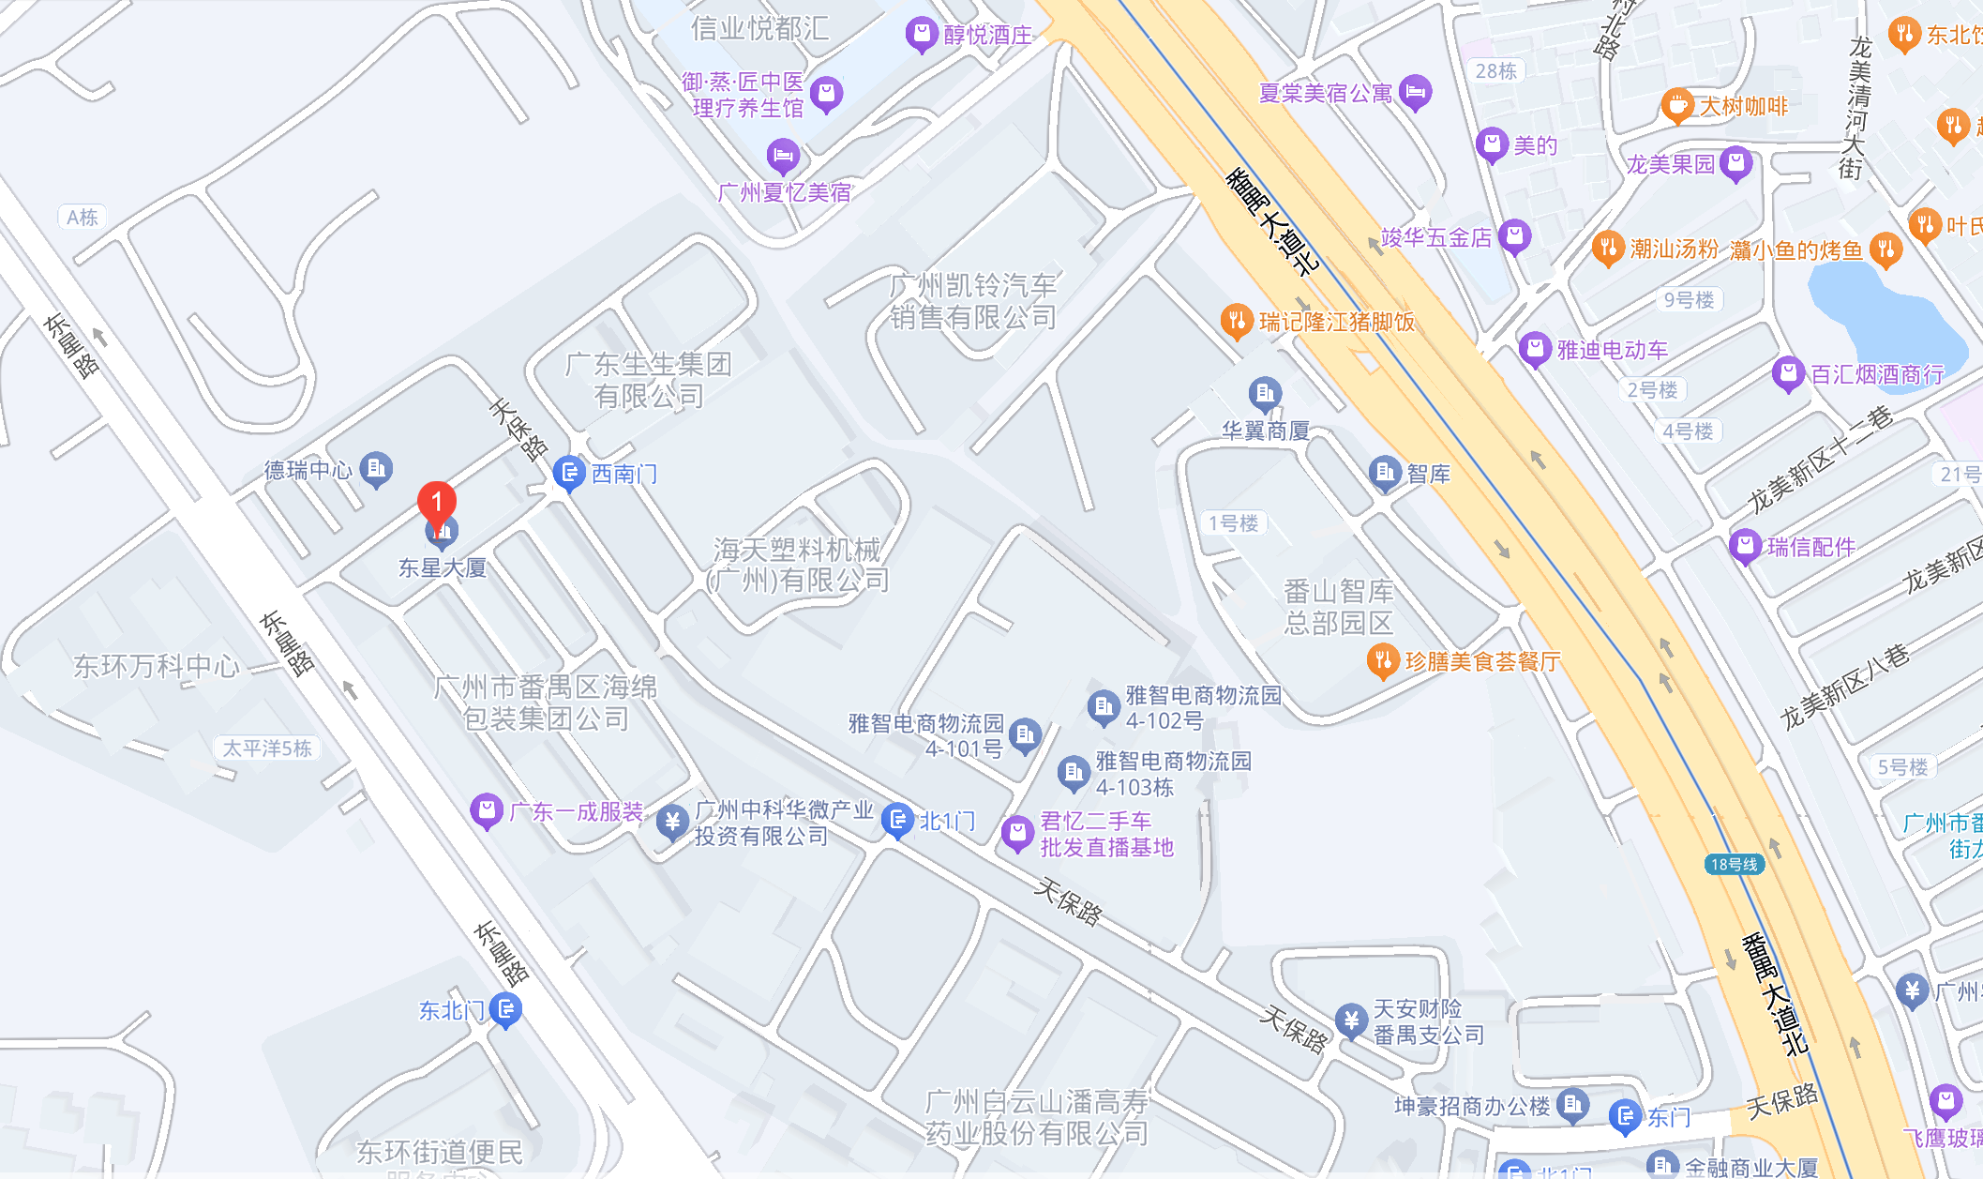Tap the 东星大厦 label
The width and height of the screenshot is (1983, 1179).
click(x=443, y=568)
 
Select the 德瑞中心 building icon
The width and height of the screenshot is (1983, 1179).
click(x=377, y=468)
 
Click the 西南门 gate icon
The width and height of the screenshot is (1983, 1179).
click(x=569, y=474)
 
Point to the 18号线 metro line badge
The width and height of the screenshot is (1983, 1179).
click(x=1734, y=864)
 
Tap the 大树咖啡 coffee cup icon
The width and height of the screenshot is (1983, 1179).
click(x=1676, y=106)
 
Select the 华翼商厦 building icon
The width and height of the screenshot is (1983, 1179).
click(x=1265, y=394)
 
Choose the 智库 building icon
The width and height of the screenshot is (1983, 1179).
click(x=1385, y=474)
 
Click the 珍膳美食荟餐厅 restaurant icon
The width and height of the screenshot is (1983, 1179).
click(x=1383, y=661)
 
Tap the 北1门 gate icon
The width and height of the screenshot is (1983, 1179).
click(x=897, y=822)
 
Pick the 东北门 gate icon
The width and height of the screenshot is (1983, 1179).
click(x=506, y=1010)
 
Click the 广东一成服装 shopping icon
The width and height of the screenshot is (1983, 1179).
click(x=487, y=811)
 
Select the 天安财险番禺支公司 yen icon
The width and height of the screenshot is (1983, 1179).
click(x=1351, y=1020)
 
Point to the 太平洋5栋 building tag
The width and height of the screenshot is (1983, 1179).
click(x=267, y=748)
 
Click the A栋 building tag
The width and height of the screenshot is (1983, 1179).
click(x=83, y=218)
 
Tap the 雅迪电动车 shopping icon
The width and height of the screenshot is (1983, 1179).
click(x=1535, y=350)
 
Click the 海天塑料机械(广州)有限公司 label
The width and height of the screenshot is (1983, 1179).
click(x=798, y=565)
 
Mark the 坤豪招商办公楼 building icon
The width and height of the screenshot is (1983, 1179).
click(x=1572, y=1106)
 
